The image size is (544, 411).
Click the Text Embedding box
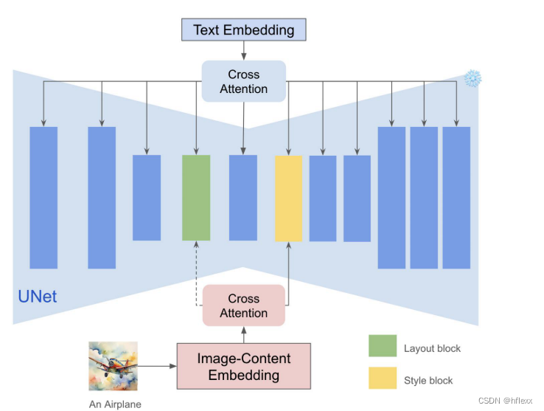coord(243,30)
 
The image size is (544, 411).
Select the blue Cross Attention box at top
coord(243,82)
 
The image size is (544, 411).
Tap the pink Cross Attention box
coord(243,305)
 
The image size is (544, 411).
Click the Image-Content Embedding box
coord(243,367)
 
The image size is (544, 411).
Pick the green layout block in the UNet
coord(196,197)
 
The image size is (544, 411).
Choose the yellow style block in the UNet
coord(288,198)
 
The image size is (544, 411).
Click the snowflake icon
coord(472,78)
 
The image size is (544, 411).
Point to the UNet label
coord(37,298)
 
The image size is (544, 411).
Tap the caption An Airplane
coord(115,404)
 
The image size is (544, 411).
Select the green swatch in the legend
coord(383,346)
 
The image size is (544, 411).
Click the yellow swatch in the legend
coord(383,379)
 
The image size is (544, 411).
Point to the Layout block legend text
coord(432,348)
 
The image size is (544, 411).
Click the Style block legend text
coord(428,381)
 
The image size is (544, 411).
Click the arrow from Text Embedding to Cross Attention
coord(243,50)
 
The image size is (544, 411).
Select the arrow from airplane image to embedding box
coord(157,365)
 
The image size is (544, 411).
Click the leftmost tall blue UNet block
coord(43,197)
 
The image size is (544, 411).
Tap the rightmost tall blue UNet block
coord(456,197)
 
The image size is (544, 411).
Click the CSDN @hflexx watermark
coord(505,401)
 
